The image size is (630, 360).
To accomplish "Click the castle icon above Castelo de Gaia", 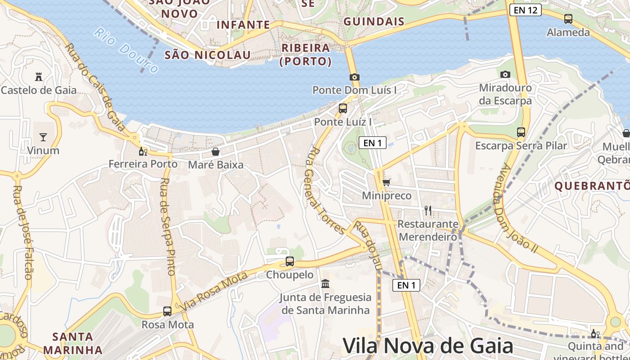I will point(39,76).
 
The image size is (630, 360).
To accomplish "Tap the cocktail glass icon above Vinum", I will point(43,137).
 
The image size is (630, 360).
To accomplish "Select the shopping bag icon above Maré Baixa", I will point(216,152).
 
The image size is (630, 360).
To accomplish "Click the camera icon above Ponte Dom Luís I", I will point(354,77).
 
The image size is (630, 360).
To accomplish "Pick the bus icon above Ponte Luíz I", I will point(343,108).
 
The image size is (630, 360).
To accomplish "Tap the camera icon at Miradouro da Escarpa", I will point(505,74).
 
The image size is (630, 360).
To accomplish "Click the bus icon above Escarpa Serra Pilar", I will point(521,132).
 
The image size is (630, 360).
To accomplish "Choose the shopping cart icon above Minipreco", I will point(386,182).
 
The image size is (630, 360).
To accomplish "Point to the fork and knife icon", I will point(428,210).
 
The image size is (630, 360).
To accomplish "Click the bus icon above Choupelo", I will point(290,261).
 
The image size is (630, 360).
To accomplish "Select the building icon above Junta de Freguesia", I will point(325,284).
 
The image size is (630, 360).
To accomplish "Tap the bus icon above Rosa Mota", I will point(167,311).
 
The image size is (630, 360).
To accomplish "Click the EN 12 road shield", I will point(525,10).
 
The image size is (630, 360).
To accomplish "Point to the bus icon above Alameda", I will point(568,19).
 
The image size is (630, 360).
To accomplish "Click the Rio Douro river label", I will point(126,50).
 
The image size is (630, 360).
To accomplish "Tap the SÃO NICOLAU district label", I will point(207,55).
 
